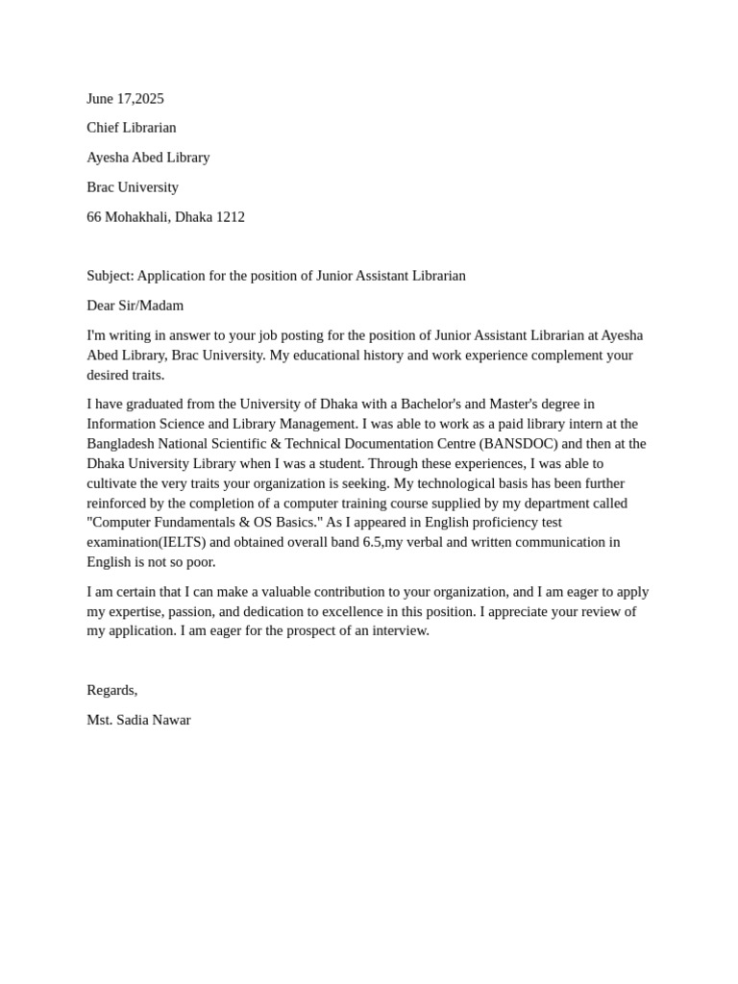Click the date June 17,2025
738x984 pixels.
click(125, 98)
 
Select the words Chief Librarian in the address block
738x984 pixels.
click(132, 127)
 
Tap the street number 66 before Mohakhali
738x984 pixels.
click(94, 216)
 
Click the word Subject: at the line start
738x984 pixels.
click(110, 275)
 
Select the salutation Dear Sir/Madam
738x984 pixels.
click(135, 305)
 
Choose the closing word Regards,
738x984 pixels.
click(111, 689)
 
